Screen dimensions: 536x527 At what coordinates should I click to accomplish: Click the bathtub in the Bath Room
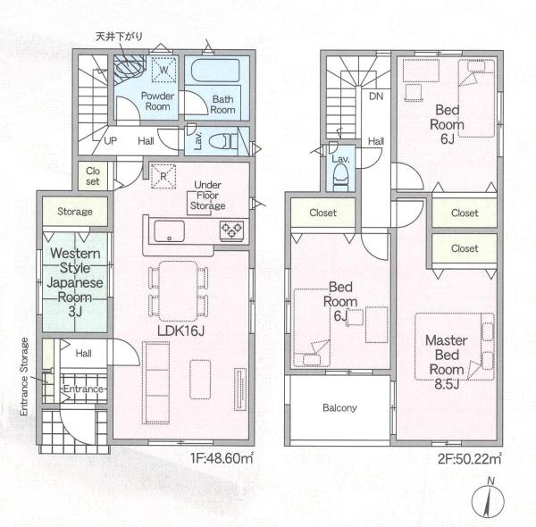point(215,70)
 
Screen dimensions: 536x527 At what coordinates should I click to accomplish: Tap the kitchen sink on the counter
point(169,231)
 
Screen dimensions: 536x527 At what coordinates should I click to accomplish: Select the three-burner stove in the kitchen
point(231,230)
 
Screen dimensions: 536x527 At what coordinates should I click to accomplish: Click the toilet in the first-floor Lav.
point(223,141)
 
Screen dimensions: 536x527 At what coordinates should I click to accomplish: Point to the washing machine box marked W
point(164,70)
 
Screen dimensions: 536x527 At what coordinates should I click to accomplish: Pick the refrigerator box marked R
point(163,176)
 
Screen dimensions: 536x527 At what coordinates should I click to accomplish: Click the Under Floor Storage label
point(207,195)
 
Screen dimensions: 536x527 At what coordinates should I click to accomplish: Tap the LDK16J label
point(180,330)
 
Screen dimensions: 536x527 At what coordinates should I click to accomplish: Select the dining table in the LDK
point(178,291)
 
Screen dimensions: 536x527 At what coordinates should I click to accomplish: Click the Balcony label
point(339,407)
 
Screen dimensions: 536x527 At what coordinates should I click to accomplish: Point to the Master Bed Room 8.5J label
point(447,362)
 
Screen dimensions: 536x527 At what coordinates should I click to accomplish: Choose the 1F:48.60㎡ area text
point(222,458)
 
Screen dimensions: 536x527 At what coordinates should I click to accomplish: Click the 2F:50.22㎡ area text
point(469,458)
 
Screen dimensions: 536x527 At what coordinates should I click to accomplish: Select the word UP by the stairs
point(110,141)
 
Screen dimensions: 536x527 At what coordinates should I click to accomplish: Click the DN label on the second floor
point(376,96)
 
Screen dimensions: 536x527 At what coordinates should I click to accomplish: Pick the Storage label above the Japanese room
point(75,212)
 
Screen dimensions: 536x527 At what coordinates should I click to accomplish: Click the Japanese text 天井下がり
point(119,37)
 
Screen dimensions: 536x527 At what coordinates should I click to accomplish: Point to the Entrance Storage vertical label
point(24,377)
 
